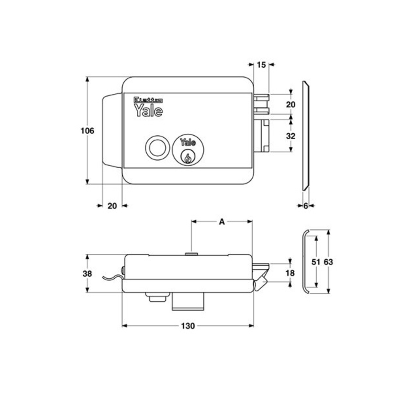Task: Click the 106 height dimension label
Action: point(87,131)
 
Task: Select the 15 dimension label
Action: point(262,65)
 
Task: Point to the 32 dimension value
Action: point(291,136)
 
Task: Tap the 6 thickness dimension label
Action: point(306,206)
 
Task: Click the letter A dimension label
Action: point(222,222)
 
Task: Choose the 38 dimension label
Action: point(87,274)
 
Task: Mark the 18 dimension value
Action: point(290,273)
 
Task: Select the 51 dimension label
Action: point(316,262)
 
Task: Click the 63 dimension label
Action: point(328,262)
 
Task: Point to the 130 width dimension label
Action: point(188,326)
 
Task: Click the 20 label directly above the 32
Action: point(291,104)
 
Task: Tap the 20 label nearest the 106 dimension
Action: point(112,206)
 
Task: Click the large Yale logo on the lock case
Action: point(148,110)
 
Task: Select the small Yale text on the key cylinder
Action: point(188,143)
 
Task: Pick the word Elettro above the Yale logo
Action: point(148,99)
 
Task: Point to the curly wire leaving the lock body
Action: point(111,277)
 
